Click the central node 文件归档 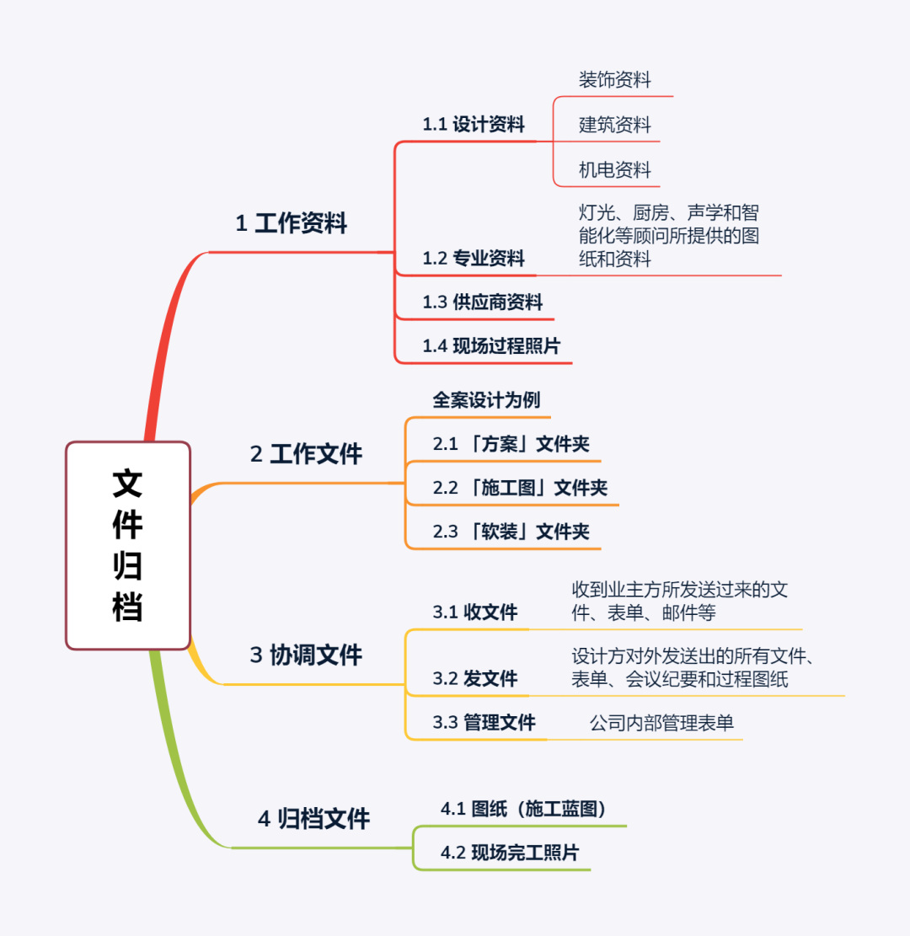pos(128,545)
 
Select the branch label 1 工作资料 pos(291,224)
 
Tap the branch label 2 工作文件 pos(306,455)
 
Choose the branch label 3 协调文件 pos(306,655)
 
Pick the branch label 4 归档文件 pos(313,818)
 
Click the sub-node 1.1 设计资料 pos(474,125)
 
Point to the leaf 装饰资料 pos(614,80)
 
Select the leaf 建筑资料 pos(614,126)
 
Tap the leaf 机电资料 pos(614,170)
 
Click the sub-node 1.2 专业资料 pos(474,258)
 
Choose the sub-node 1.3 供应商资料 pos(483,302)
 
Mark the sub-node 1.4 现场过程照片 pos(491,346)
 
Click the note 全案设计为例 pos(486,400)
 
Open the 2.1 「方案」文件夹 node pos(511,444)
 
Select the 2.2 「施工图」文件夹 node pos(520,488)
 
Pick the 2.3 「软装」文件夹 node pos(511,532)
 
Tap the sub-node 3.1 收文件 pos(475,612)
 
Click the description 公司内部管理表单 pos(661,723)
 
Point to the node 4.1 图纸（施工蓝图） pos(523,810)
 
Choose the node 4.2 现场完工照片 pos(510,853)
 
